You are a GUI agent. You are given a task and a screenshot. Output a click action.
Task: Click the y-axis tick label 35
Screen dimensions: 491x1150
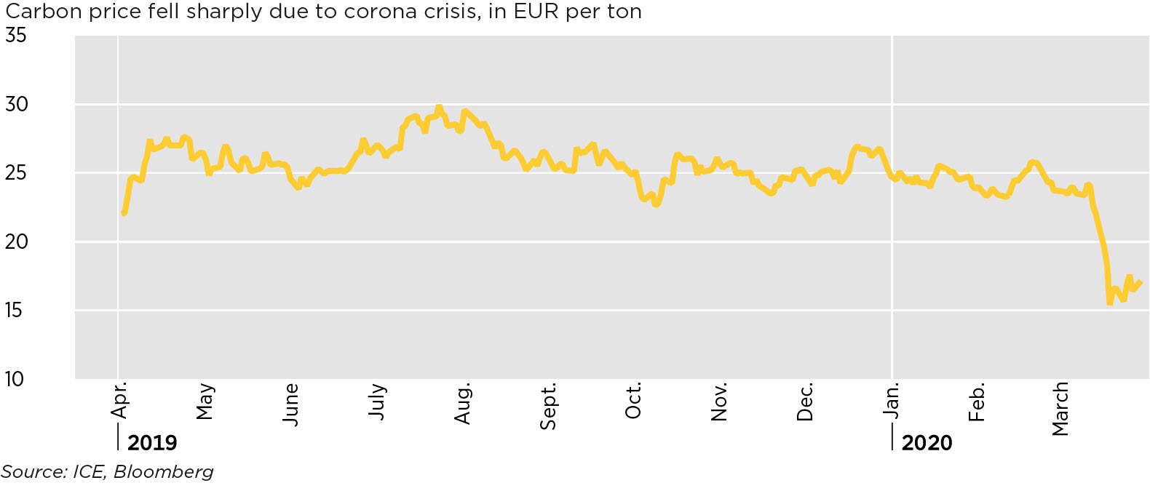(x=15, y=35)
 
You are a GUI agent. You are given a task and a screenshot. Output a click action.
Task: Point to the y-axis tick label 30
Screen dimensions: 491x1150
(x=15, y=104)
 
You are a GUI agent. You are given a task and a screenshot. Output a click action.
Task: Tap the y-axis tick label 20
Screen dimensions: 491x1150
(x=15, y=241)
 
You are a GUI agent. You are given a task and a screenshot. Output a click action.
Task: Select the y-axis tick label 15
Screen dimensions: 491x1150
(x=14, y=310)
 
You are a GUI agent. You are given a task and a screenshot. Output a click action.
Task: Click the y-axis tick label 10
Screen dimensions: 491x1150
(x=14, y=378)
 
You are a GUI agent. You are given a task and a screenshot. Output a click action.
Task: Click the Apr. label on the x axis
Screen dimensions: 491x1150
(x=119, y=400)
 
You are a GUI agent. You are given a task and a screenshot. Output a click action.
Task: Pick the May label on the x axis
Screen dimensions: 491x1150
(x=205, y=402)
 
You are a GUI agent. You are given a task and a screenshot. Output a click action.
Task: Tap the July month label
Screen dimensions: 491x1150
(x=377, y=401)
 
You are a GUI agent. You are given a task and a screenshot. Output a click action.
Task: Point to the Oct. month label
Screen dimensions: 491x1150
(x=633, y=401)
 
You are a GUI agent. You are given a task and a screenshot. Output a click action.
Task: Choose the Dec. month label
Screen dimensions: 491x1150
(x=804, y=402)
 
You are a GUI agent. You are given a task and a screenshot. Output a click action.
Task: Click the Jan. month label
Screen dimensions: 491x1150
(x=891, y=400)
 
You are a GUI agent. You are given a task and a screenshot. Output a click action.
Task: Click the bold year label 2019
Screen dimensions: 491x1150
(x=152, y=442)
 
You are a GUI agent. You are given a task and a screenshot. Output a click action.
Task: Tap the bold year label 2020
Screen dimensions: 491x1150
(x=927, y=442)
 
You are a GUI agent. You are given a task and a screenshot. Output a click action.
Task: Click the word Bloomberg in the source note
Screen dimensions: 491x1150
(x=164, y=471)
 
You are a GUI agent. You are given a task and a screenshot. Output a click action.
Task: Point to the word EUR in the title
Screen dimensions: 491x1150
(x=536, y=12)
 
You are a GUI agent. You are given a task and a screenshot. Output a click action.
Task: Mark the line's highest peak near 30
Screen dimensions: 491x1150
(x=438, y=108)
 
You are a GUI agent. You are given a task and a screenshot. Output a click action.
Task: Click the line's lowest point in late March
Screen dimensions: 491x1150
(x=1110, y=303)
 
